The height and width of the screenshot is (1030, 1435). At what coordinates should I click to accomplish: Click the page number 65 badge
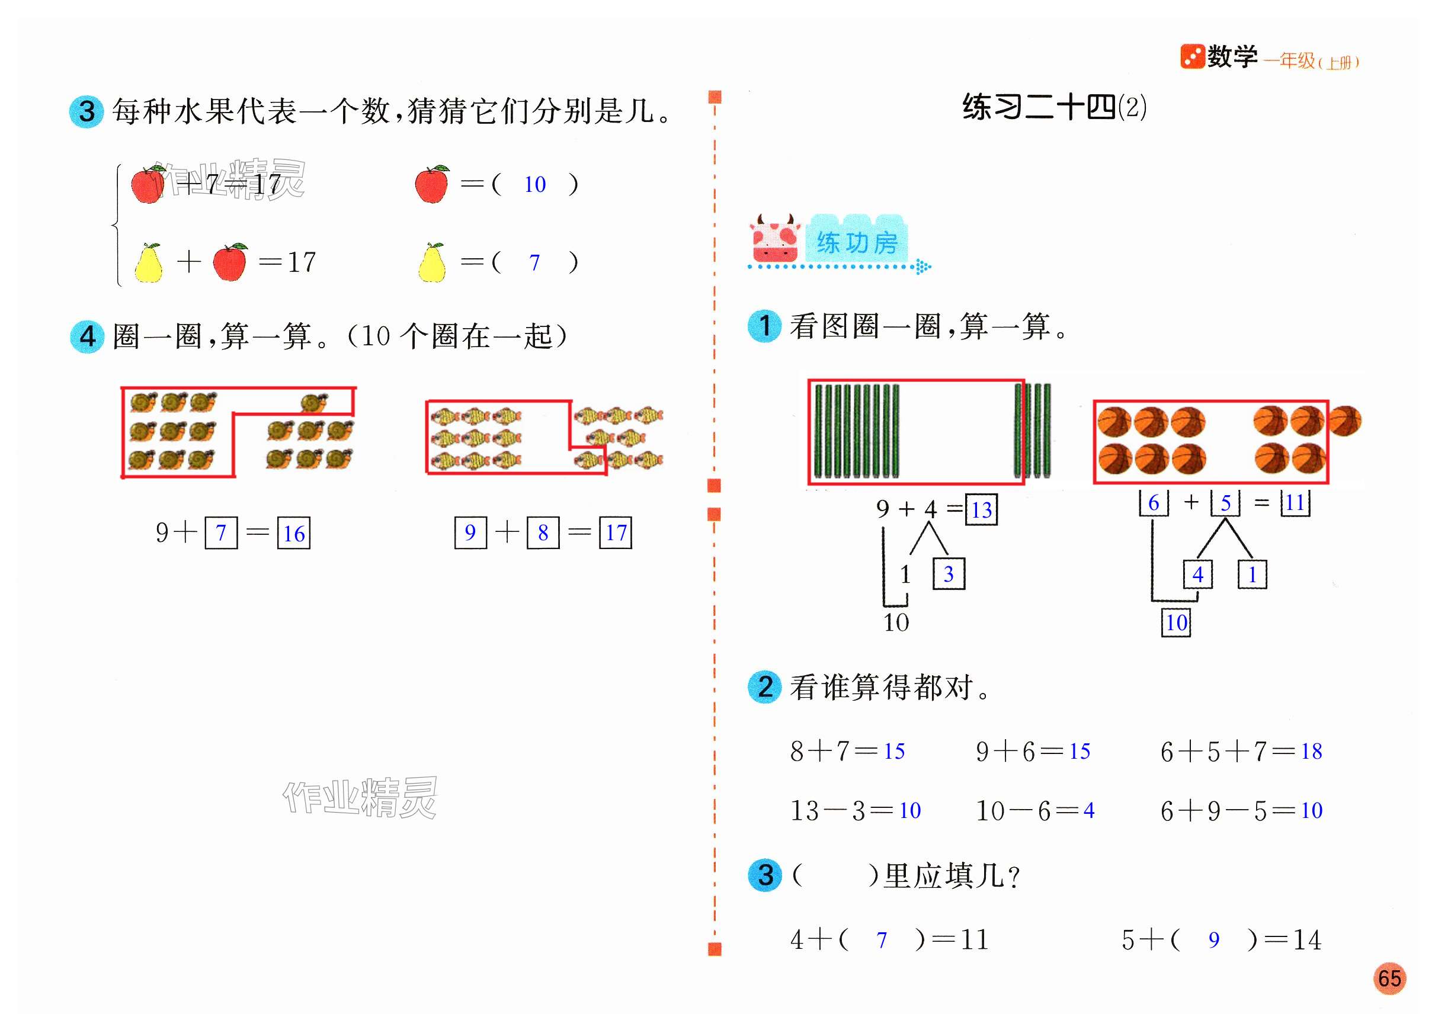1389,978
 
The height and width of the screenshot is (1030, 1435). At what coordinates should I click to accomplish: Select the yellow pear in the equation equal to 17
148,262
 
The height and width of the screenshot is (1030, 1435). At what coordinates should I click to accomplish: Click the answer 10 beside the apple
534,185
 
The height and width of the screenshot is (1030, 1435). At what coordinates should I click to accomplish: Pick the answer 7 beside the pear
534,262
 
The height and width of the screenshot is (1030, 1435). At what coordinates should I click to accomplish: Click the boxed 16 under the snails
294,533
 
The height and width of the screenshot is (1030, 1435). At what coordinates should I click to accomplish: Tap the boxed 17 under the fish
616,532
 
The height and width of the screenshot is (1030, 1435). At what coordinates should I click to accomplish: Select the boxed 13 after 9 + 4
981,510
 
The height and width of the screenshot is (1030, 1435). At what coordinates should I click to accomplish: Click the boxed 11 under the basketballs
1295,503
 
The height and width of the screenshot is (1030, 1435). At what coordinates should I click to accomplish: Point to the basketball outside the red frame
1345,421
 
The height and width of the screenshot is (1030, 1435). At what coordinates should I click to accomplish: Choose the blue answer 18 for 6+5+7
1312,751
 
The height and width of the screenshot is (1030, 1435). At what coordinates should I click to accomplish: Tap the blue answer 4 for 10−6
1089,810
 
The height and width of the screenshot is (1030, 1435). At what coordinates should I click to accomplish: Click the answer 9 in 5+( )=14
1213,939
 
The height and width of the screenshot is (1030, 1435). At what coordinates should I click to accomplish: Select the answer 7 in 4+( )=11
882,940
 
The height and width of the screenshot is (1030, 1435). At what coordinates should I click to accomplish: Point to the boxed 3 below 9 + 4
949,574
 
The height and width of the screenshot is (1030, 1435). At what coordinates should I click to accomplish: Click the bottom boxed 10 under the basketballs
1176,623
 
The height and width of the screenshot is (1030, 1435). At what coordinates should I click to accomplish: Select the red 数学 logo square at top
1192,57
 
